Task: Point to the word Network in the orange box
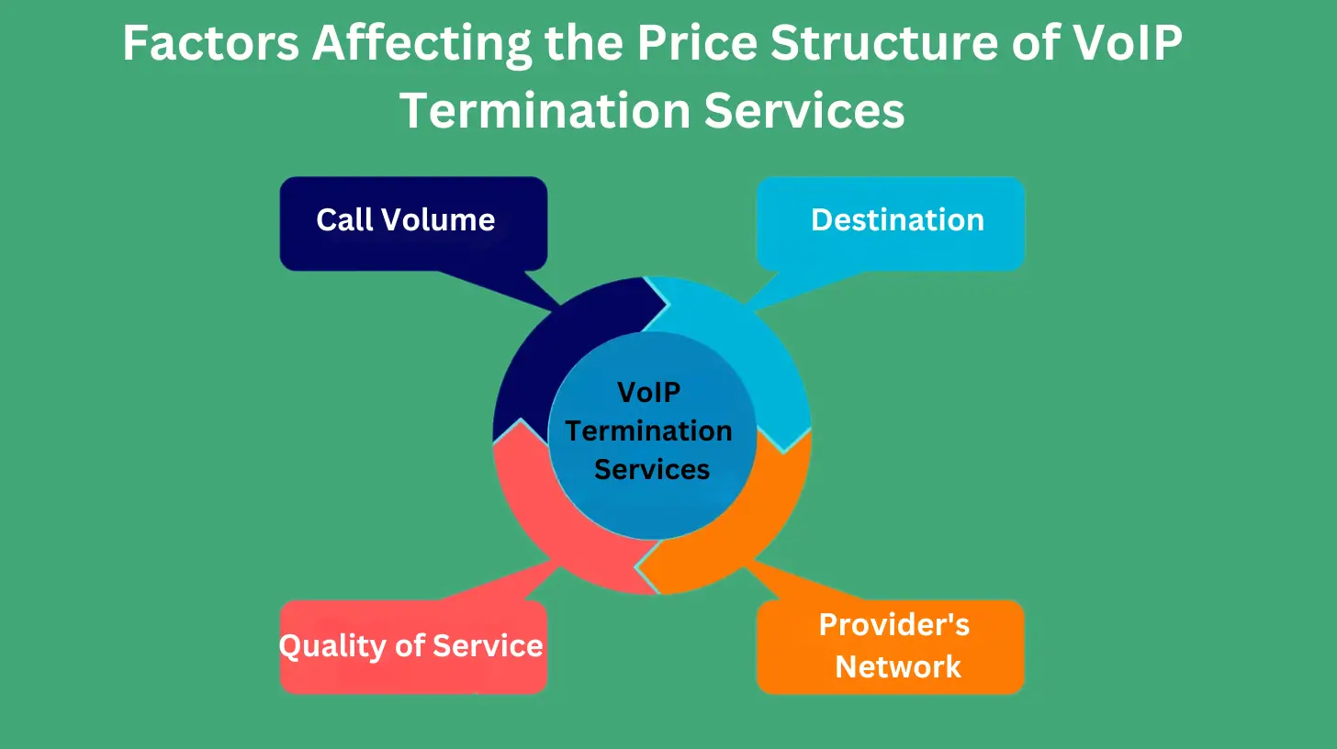tap(898, 666)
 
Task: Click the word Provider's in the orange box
tap(893, 625)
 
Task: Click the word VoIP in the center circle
tap(649, 392)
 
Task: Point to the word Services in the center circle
tap(652, 469)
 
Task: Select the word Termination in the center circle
tap(648, 430)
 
